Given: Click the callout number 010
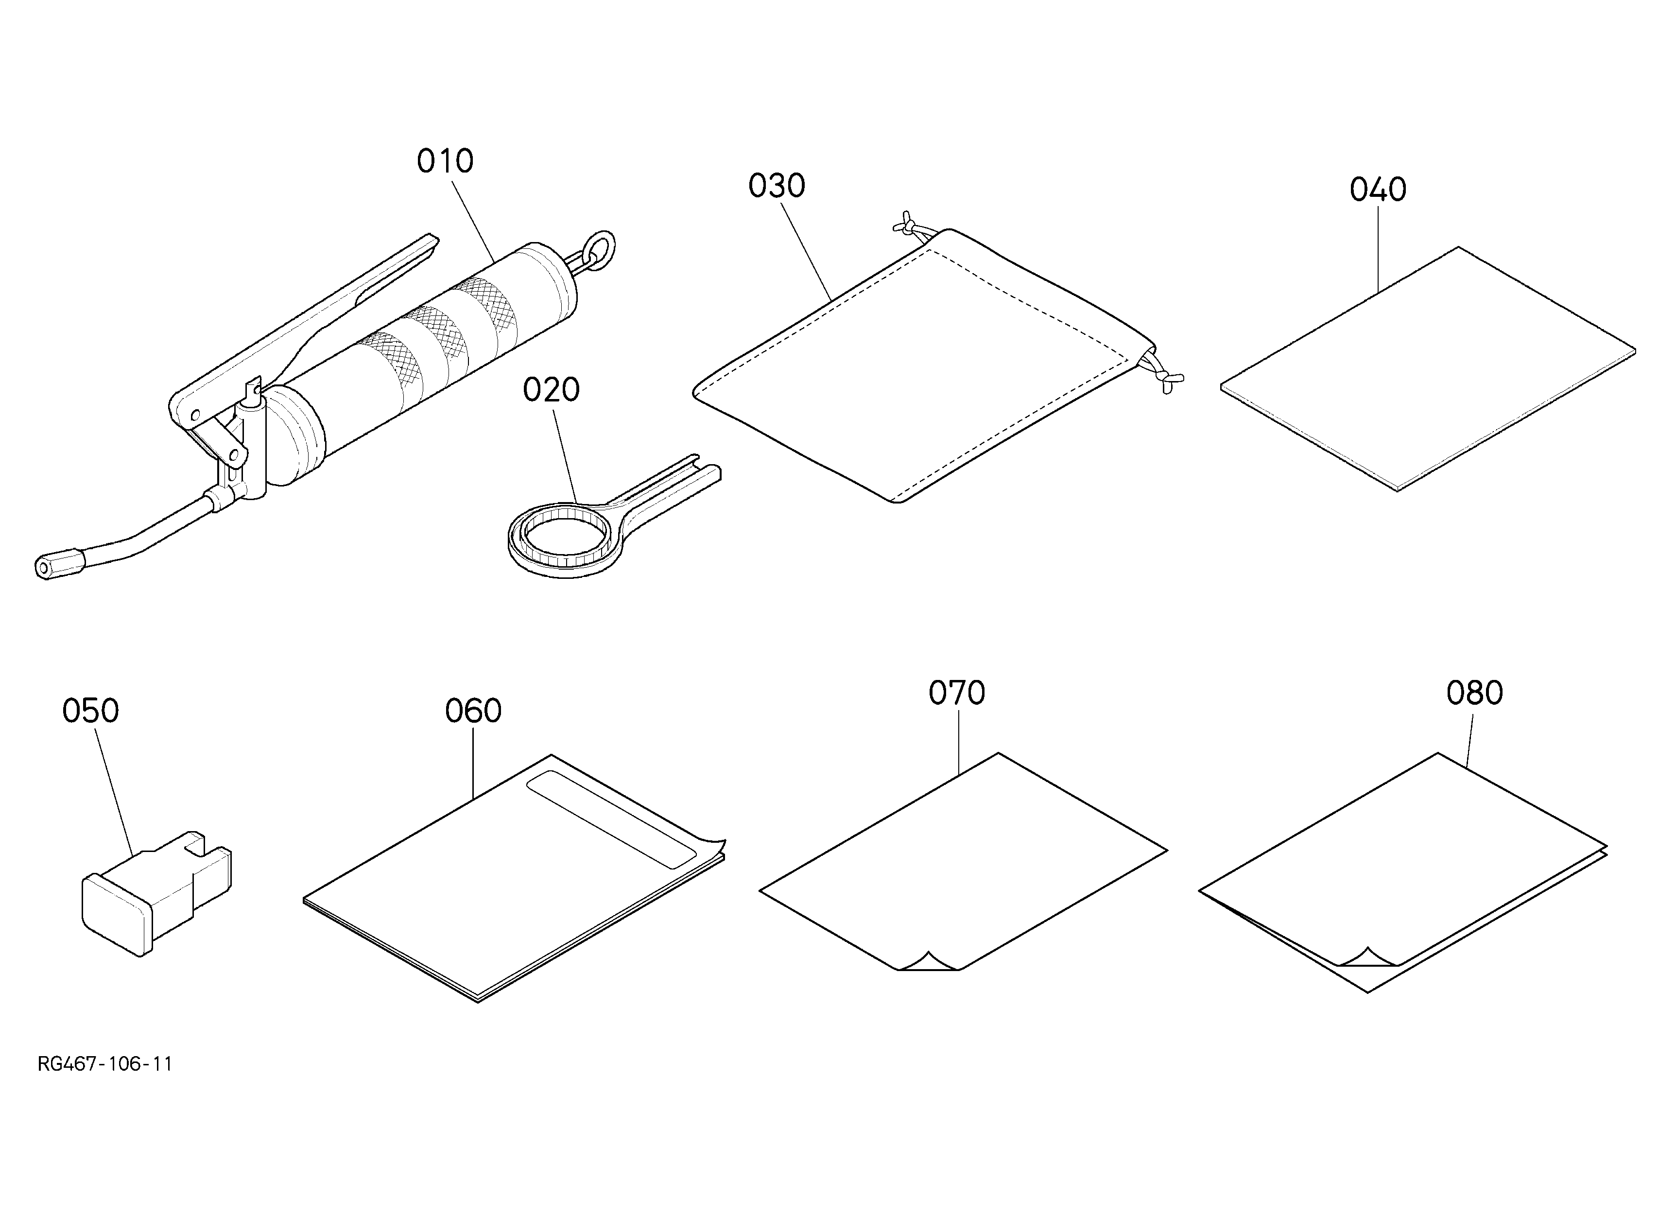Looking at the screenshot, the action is tap(445, 161).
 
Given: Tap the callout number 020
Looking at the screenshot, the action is tap(551, 390).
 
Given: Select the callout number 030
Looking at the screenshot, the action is tap(777, 186).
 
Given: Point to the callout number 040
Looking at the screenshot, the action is tap(1378, 190).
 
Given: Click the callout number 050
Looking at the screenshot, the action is tap(90, 711).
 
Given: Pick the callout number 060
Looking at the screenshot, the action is tap(473, 711).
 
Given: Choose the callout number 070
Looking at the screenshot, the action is tap(957, 693).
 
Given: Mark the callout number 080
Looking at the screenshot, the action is tap(1475, 693).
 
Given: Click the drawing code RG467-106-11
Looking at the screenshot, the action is tap(105, 1064).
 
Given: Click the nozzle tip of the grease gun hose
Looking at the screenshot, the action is tap(46, 568).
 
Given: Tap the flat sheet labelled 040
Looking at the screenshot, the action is tap(1428, 368).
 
